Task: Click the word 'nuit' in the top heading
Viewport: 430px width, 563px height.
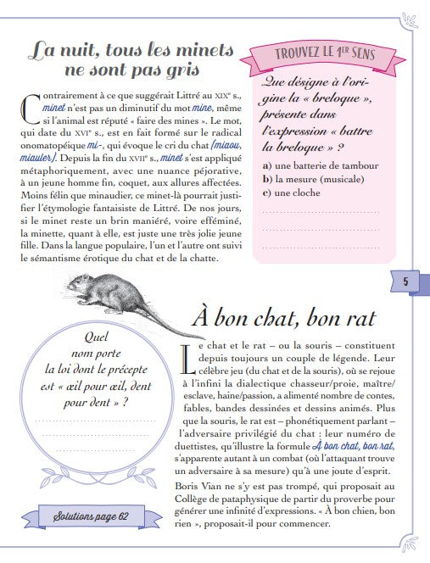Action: click(83, 51)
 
